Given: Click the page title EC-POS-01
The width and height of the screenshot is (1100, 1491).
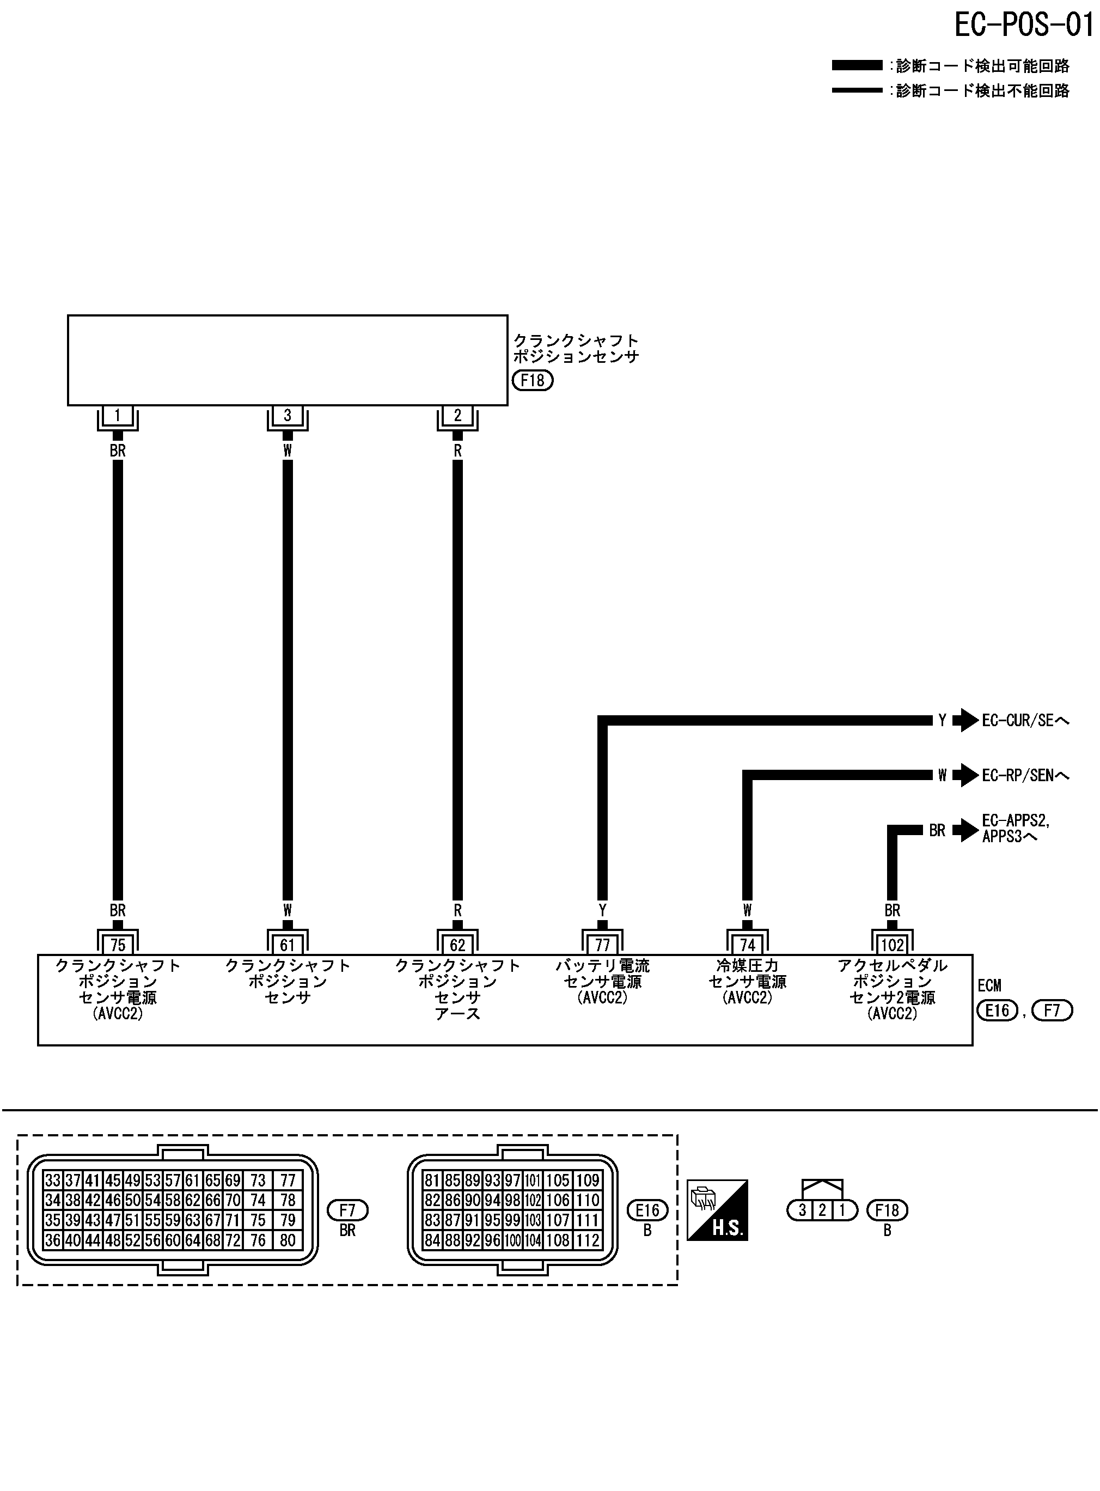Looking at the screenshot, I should point(1023,25).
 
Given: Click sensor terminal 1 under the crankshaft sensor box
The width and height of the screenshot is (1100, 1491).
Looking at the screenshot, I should point(118,416).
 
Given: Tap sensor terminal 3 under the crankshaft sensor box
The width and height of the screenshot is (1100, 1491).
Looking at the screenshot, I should point(287,416).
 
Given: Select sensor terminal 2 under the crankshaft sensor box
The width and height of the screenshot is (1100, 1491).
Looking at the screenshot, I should point(457,416).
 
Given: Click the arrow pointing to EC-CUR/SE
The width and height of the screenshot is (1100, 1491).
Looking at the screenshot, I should point(965,720).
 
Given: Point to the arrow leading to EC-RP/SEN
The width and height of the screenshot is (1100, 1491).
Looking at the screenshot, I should point(965,775).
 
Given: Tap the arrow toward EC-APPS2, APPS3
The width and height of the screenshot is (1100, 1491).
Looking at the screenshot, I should point(965,830).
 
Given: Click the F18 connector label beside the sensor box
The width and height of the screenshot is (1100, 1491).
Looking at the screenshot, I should point(533,380).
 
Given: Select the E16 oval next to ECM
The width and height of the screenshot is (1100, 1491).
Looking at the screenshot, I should point(997,1011).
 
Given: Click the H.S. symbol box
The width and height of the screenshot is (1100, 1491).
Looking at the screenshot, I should point(717,1210).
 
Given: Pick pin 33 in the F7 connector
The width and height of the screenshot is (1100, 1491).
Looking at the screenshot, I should point(53,1180).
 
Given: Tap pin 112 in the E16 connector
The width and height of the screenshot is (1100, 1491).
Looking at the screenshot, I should point(587,1240).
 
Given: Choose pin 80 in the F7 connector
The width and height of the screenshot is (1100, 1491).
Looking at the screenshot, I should point(288,1240).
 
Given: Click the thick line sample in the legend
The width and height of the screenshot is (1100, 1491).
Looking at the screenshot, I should point(857,65).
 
